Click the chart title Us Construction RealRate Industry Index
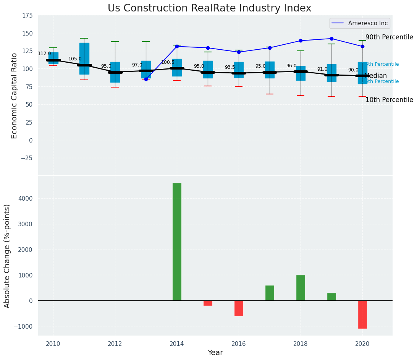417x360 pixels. coord(209,8)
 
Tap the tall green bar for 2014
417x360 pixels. coord(177,242)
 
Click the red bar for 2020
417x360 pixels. coord(362,314)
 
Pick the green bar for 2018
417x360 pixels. coord(301,288)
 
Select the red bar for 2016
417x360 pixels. coord(239,308)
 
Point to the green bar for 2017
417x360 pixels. coord(270,293)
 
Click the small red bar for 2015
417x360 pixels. coord(208,303)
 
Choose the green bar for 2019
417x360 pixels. coord(331,297)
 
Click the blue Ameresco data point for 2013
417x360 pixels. coord(146,79)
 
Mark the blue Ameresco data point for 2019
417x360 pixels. coord(331,39)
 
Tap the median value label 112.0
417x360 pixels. coord(44,54)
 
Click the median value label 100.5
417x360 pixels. coord(168,62)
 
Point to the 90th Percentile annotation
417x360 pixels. coord(389,37)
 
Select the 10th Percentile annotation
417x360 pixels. coord(389,100)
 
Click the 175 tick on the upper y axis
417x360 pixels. coord(27,16)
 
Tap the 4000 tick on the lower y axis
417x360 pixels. coord(26,198)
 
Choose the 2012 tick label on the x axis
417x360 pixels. coord(115,344)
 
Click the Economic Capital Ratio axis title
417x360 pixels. coord(15,96)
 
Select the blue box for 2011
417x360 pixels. coord(84,58)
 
